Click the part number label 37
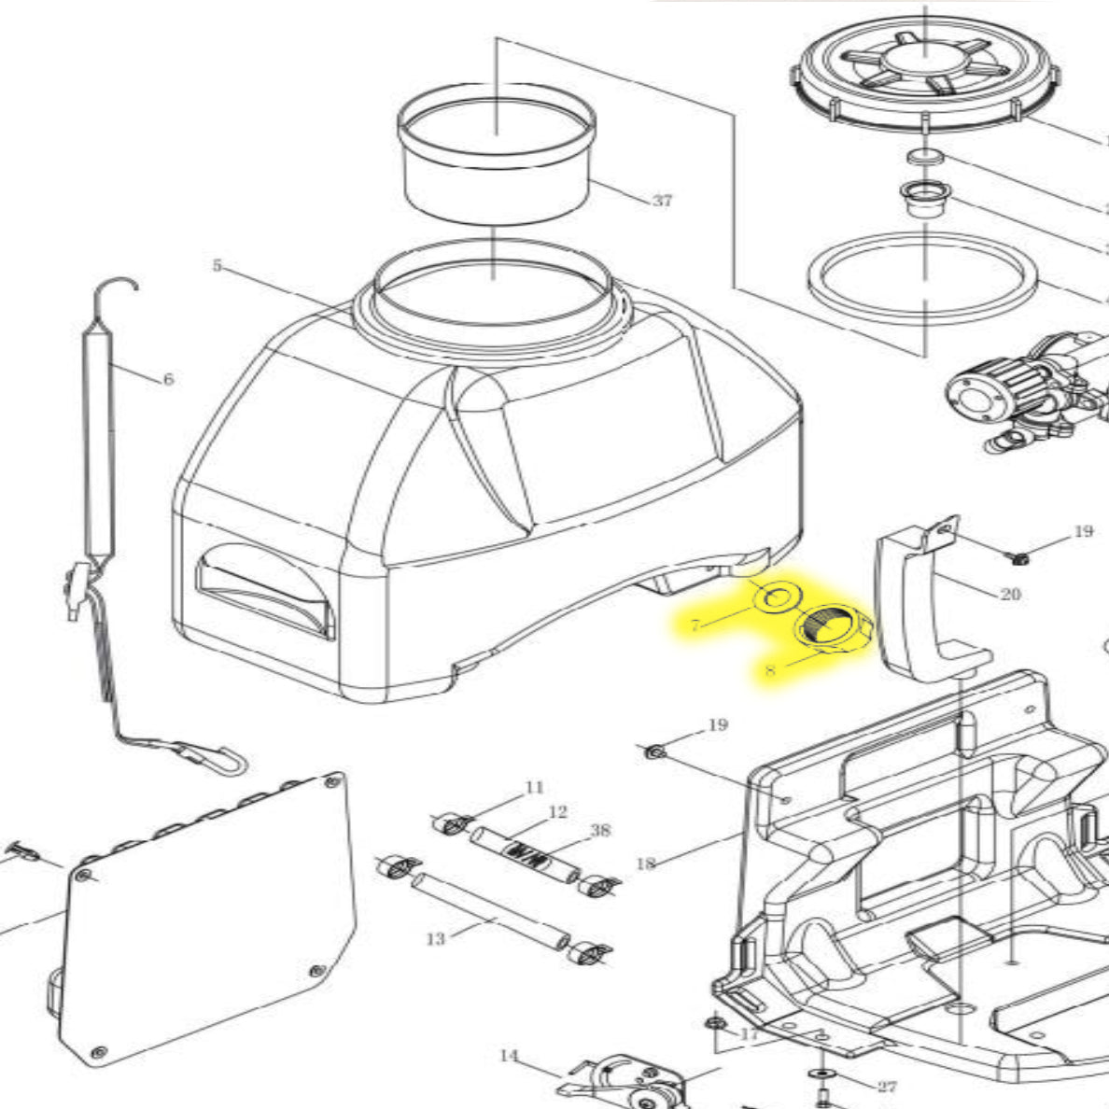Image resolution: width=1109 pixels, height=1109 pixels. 662,201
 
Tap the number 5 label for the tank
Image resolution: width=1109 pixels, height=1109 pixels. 218,266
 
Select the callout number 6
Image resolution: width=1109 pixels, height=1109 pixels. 168,379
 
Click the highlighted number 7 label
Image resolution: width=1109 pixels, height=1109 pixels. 695,625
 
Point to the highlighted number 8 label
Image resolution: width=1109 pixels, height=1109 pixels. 770,669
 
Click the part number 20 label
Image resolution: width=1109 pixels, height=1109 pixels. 1010,594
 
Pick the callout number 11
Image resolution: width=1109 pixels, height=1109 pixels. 534,788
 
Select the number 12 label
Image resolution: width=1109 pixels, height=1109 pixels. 557,812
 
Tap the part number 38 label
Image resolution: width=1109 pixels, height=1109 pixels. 600,830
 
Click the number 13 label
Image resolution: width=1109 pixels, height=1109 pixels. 436,938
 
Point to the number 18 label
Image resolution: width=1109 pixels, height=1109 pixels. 645,863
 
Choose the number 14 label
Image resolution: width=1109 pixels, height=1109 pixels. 508,1056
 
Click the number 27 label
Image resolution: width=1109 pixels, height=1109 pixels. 887,1087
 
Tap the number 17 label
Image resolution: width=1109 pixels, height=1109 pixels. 751,1034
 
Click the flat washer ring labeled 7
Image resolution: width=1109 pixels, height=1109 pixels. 775,597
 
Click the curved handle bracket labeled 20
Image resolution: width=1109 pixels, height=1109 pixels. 901,597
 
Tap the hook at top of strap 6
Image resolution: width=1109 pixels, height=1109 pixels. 119,284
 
